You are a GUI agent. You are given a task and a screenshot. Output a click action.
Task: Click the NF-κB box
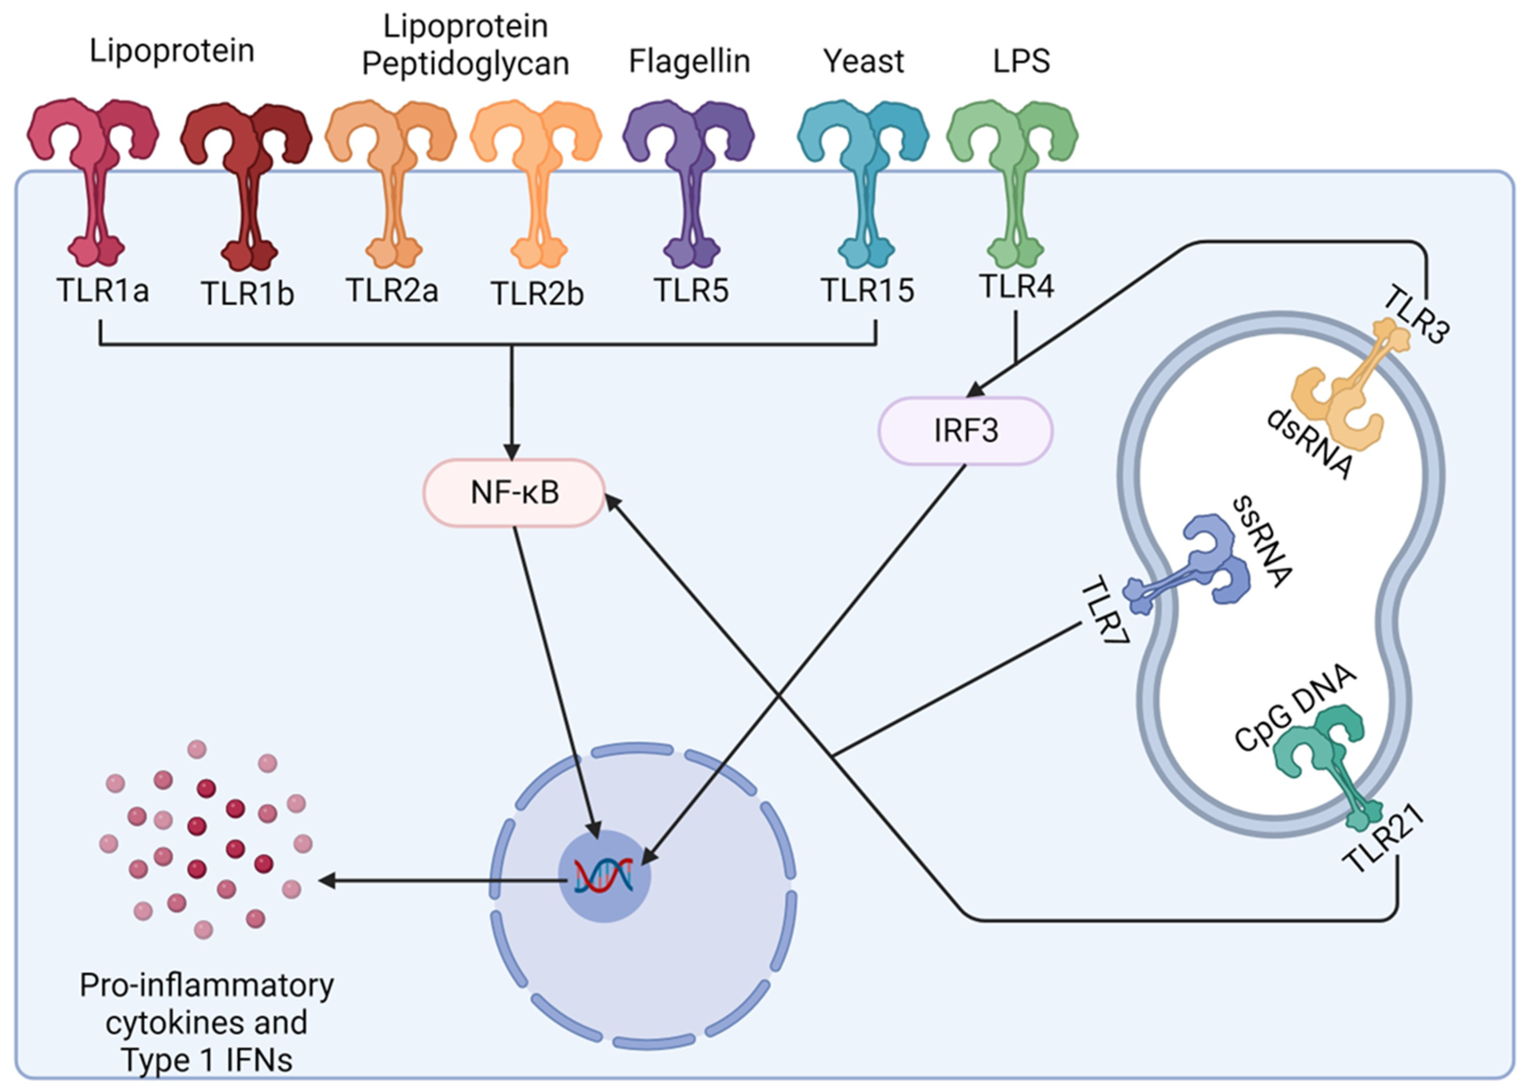(x=514, y=493)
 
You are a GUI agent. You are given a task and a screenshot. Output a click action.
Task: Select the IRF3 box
(x=965, y=430)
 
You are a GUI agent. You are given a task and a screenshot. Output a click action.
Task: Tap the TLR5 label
(x=691, y=291)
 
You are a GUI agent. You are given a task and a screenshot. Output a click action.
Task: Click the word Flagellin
(x=689, y=61)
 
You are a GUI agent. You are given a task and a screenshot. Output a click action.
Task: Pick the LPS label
(x=1021, y=61)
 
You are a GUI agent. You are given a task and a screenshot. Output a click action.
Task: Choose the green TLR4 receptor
(x=1012, y=183)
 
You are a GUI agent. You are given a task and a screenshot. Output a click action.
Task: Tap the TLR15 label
(x=867, y=291)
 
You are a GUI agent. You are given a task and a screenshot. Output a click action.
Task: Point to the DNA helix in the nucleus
(x=603, y=876)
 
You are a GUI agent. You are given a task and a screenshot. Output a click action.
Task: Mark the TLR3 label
(x=1416, y=314)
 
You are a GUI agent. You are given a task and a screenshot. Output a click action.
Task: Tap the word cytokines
(x=207, y=1023)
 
